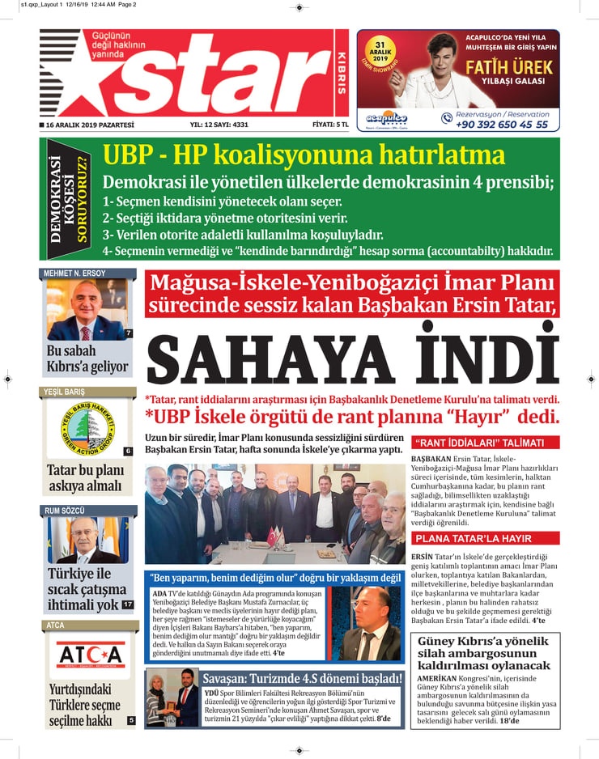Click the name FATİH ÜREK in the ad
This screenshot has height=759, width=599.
coord(509,68)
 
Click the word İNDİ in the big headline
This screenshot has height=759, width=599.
coord(486,359)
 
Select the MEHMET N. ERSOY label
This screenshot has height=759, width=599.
coord(74,273)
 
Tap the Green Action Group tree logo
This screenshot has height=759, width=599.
coord(87,426)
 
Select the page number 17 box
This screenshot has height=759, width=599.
coord(128,604)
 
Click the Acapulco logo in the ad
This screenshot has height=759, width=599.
coord(387,118)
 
